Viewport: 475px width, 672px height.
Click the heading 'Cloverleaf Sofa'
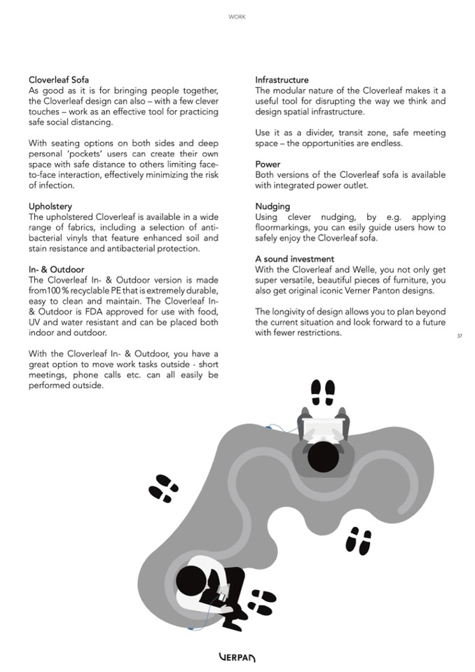[59, 80]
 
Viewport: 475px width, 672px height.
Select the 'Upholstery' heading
[50, 207]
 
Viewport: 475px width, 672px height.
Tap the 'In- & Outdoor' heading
[56, 270]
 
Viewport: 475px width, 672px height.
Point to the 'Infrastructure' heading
[282, 80]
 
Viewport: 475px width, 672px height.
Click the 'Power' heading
[268, 164]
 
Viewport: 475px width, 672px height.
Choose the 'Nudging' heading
[273, 207]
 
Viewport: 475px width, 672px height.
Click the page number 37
[459, 336]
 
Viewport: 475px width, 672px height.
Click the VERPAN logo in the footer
[238, 657]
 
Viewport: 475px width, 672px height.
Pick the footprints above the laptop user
[323, 392]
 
